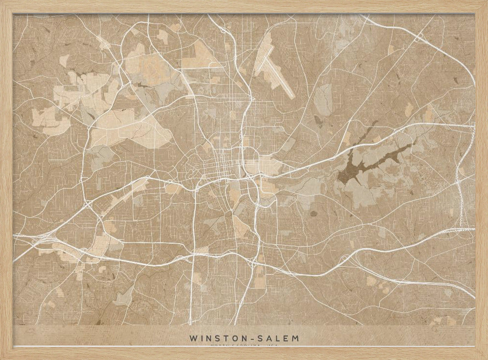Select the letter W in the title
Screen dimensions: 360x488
pyautogui.click(x=192, y=338)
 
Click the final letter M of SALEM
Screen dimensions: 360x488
pyautogui.click(x=296, y=338)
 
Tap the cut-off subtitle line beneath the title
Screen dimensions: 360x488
pyautogui.click(x=244, y=345)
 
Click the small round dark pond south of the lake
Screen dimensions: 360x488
pyautogui.click(x=313, y=213)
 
